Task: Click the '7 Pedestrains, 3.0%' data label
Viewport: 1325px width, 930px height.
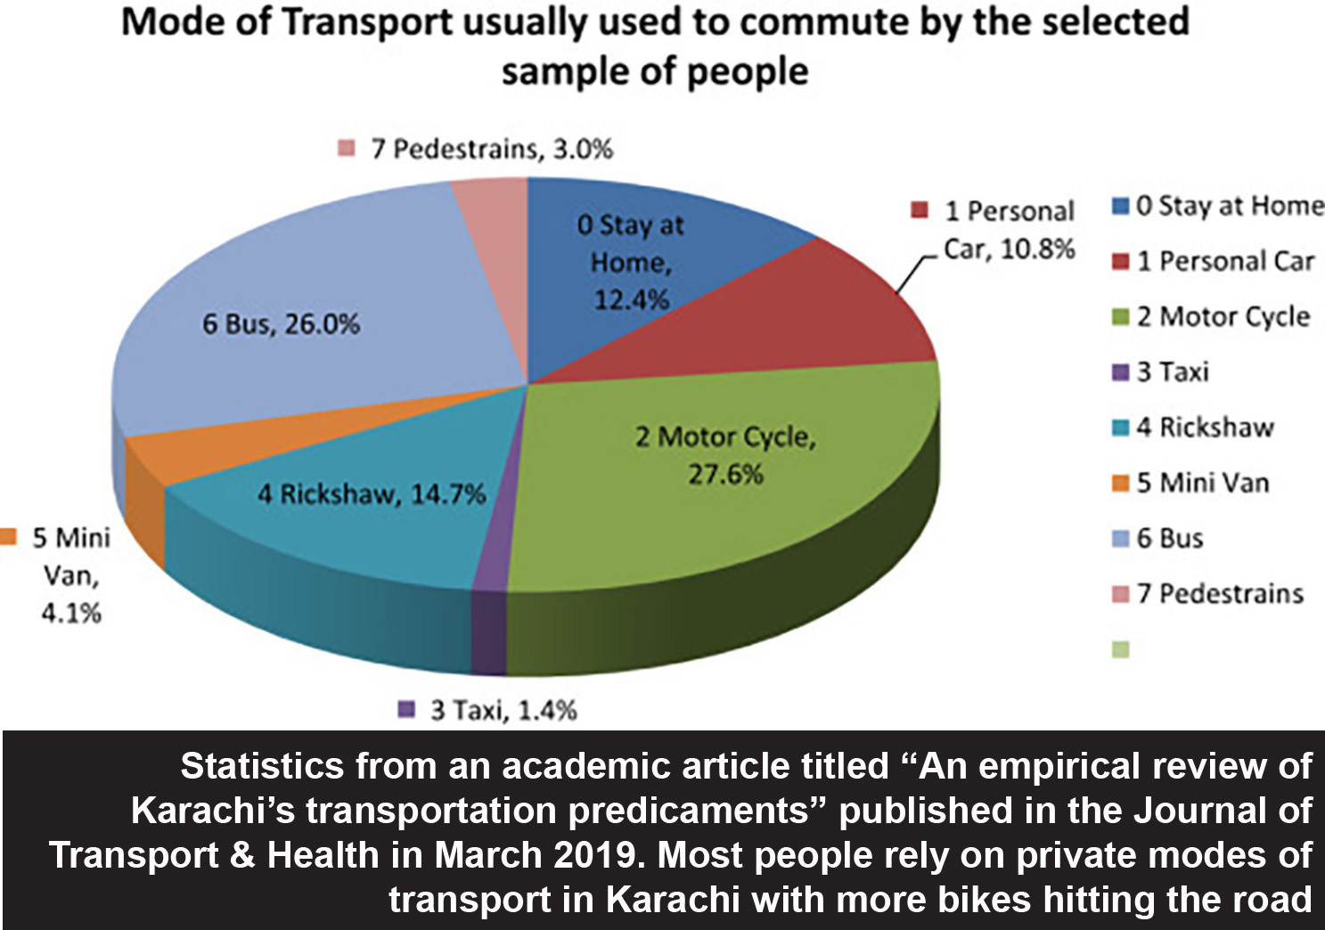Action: [x=491, y=149]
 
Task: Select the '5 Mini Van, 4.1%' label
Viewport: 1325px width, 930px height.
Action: [x=71, y=575]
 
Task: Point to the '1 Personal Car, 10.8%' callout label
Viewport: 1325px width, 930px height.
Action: [x=1009, y=230]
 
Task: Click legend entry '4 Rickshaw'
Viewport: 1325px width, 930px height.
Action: [x=1204, y=428]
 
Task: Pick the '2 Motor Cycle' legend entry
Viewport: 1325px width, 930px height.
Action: [x=1222, y=316]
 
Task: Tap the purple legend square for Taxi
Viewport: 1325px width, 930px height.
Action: [x=1121, y=372]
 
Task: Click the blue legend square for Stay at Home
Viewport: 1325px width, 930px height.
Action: [x=1121, y=207]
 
